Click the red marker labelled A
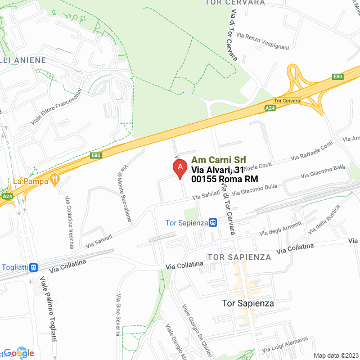click(x=179, y=168)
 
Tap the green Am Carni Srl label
click(x=219, y=160)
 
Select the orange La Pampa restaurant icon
click(x=55, y=181)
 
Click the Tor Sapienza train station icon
click(x=213, y=222)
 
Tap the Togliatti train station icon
click(x=34, y=267)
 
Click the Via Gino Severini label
click(x=118, y=314)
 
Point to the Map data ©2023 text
click(x=335, y=355)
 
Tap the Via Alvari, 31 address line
click(x=218, y=170)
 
